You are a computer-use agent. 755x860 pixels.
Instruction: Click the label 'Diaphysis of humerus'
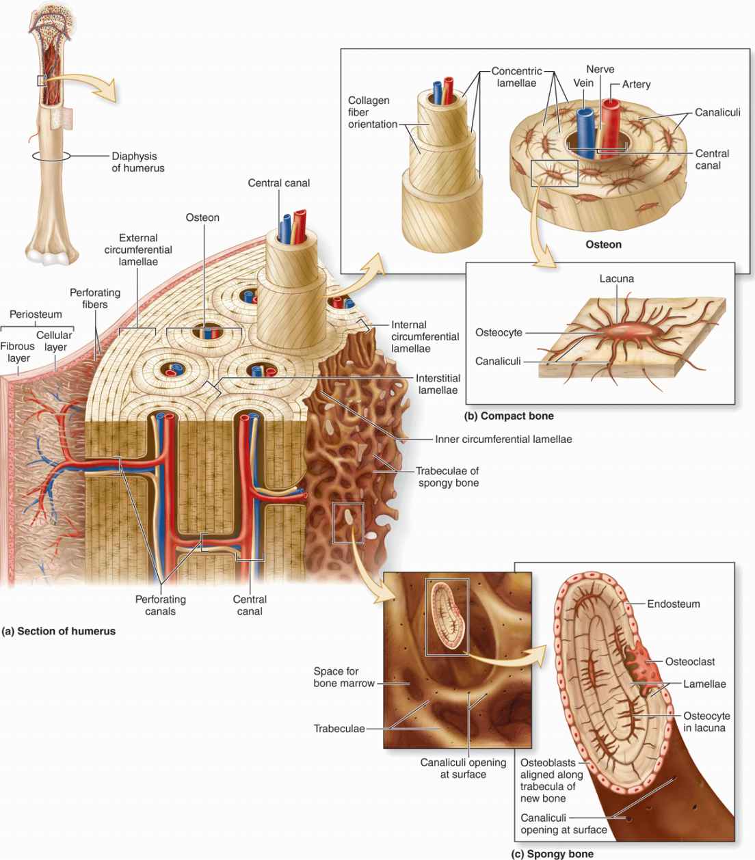138,162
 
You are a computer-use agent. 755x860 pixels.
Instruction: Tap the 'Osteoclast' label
690,661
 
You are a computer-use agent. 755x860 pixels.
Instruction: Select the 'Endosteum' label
674,604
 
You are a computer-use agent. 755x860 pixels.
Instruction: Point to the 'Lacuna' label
616,278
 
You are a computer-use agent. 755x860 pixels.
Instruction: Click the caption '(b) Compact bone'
509,416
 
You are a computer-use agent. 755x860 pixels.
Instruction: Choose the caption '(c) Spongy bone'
553,854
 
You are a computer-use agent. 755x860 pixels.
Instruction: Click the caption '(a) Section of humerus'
59,631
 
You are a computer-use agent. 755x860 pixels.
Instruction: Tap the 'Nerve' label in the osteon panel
600,69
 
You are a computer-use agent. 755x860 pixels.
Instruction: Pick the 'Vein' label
583,83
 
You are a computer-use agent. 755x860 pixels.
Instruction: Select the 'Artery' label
636,84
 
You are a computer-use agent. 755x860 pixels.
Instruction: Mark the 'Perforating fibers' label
95,299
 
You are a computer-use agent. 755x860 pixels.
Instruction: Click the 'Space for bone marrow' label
344,677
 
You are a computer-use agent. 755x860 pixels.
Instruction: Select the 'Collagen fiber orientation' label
370,112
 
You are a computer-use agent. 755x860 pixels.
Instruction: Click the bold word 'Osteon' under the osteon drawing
603,244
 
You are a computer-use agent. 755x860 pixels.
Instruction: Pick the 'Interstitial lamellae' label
438,384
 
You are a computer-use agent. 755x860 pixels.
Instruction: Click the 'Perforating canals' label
160,605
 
